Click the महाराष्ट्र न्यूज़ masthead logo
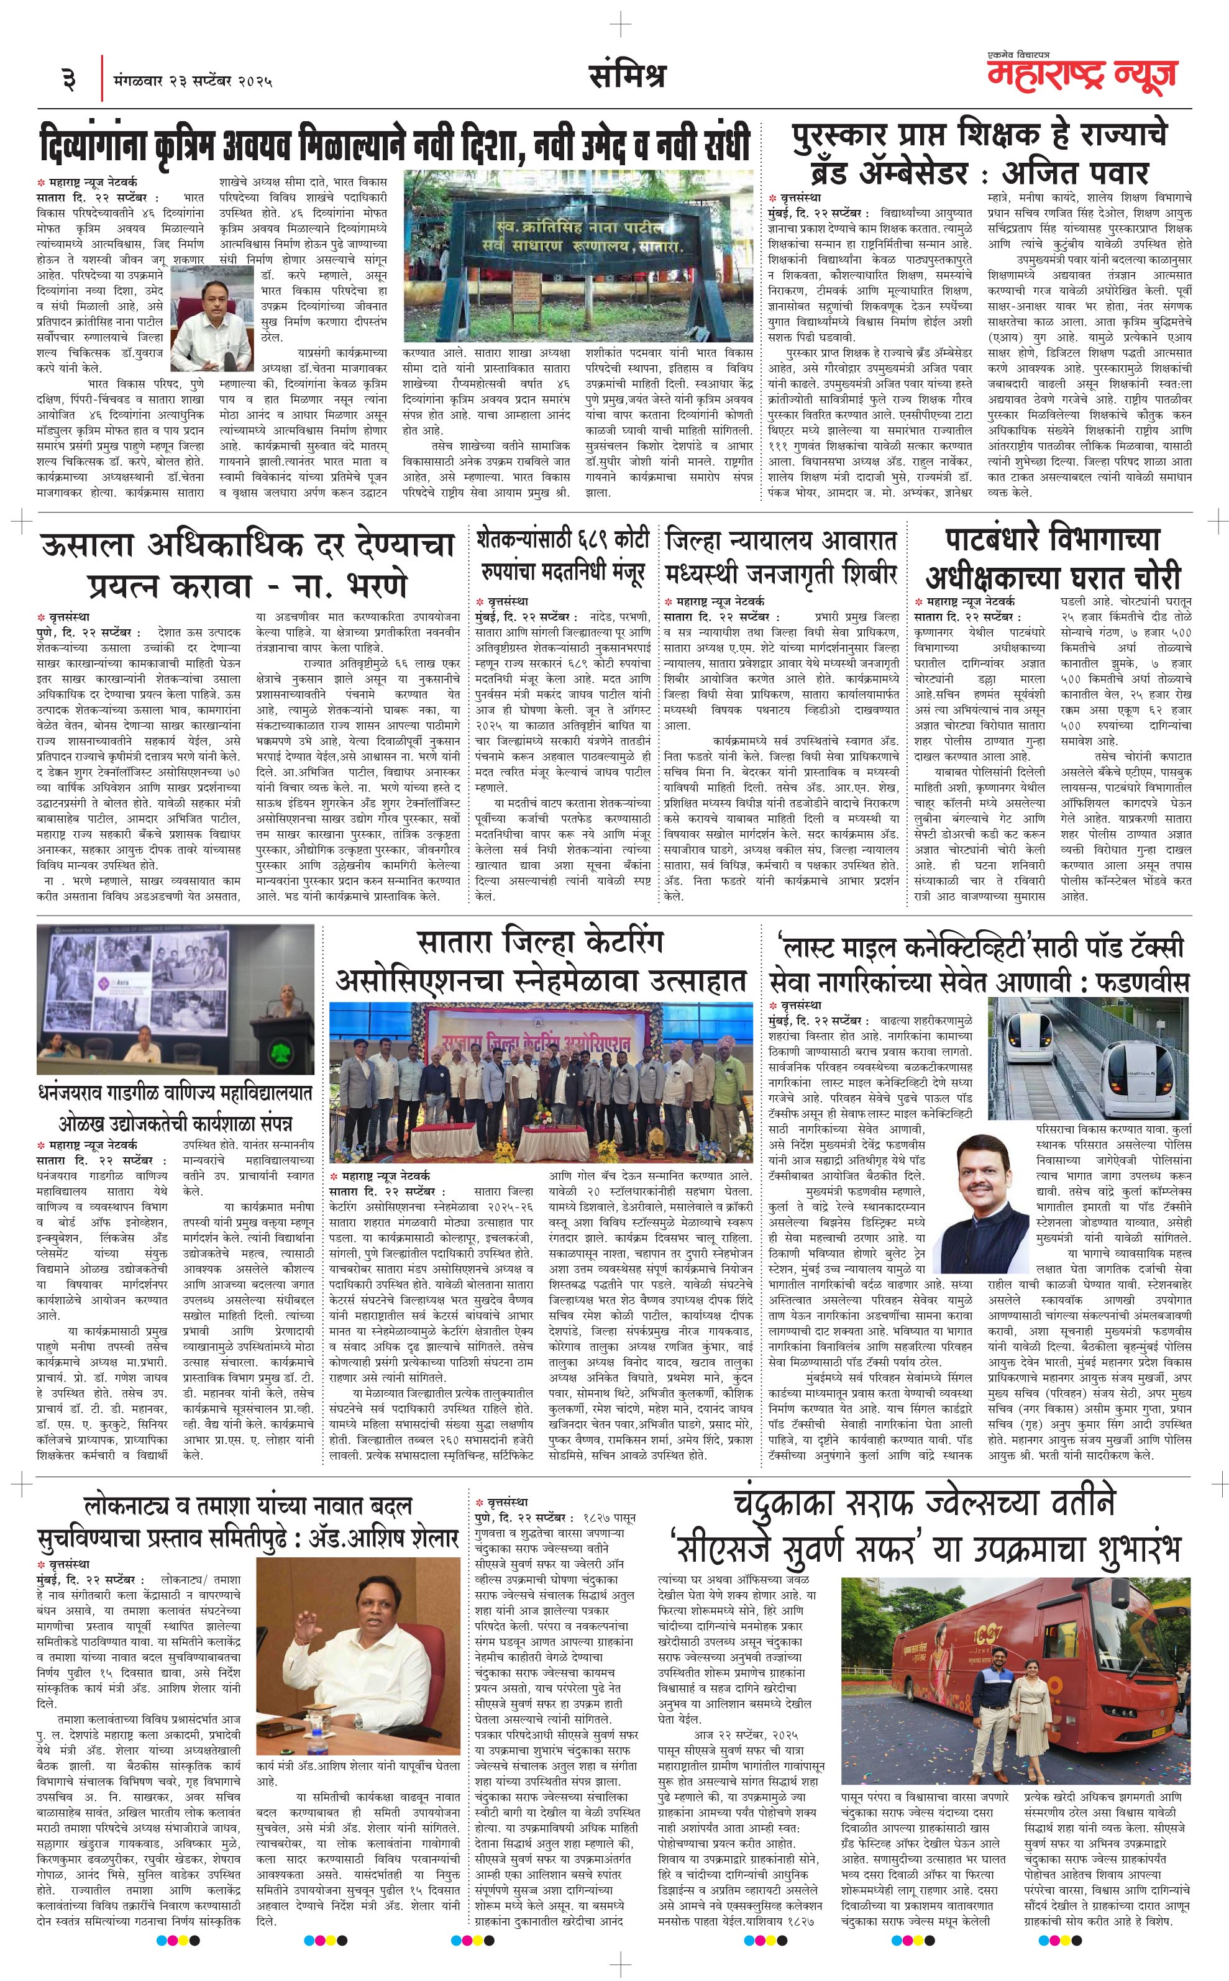(1081, 74)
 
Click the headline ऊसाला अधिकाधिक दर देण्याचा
(247, 563)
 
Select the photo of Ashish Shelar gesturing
(358, 1633)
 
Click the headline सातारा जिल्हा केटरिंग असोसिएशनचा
(541, 960)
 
